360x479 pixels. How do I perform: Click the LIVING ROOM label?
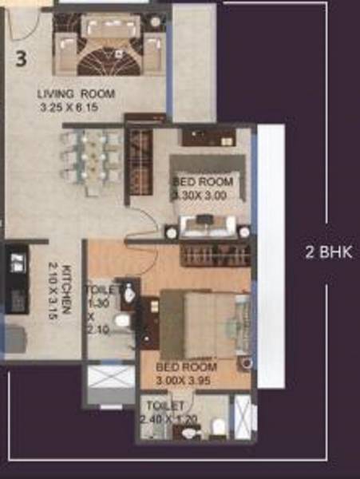coord(77,93)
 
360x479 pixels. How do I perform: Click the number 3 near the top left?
coord(22,58)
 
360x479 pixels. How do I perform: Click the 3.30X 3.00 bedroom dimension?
coord(200,193)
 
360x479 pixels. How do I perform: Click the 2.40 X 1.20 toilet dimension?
coord(166,418)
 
